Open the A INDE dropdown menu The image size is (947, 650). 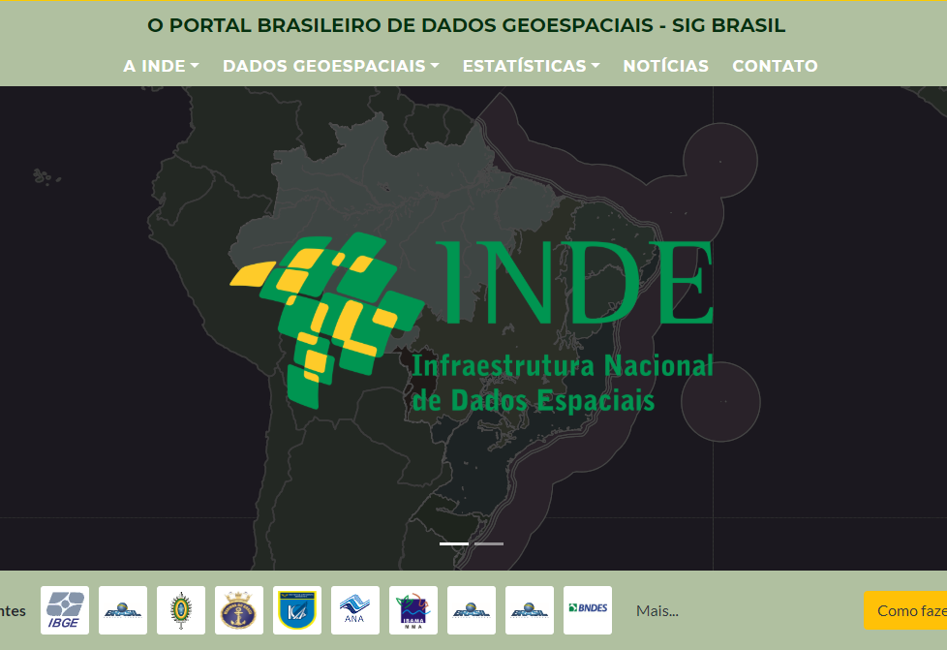161,66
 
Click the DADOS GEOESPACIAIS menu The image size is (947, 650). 330,66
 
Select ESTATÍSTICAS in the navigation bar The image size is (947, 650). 531,66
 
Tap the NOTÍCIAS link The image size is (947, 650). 665,66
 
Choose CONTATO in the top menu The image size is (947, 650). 775,66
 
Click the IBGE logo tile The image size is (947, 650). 65,610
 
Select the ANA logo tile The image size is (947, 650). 355,610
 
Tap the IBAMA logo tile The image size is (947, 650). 413,610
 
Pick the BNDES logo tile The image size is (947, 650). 588,610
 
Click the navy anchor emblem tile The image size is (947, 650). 239,610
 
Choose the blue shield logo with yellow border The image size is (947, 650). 297,610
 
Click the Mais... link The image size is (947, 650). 657,610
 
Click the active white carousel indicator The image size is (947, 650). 454,543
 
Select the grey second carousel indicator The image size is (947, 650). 488,543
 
